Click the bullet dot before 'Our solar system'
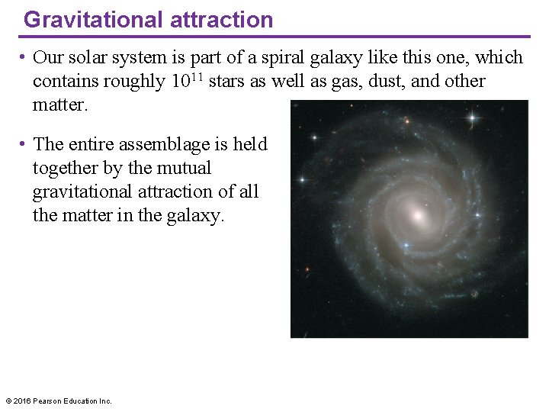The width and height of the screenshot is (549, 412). coord(25,58)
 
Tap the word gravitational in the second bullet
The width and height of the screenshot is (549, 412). coord(84,192)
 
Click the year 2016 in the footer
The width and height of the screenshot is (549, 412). coord(21,401)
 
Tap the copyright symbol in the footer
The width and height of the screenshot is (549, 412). coord(8,401)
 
